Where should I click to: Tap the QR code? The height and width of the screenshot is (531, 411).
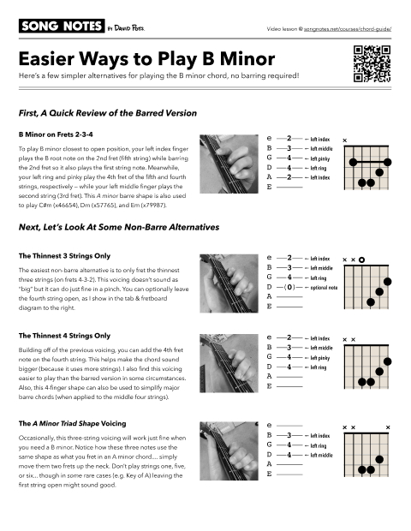[x=372, y=68]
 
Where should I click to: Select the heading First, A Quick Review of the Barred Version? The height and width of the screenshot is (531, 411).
[x=115, y=112]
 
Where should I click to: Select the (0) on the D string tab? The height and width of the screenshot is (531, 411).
[x=290, y=288]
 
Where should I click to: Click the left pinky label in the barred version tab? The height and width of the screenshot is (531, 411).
[x=319, y=158]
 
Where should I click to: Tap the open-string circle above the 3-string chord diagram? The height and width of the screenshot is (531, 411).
[x=362, y=259]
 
